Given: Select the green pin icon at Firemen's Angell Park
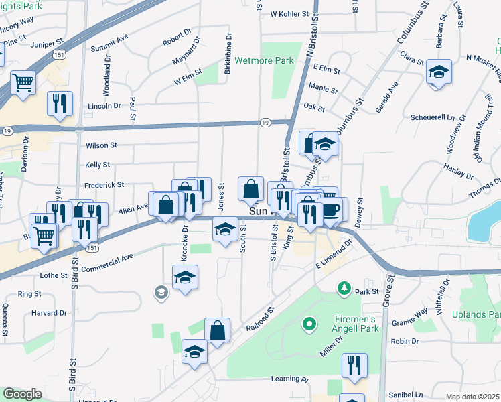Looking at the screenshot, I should [309, 326].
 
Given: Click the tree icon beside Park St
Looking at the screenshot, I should [344, 288].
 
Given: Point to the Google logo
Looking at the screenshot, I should [22, 394].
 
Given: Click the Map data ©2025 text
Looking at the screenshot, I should [473, 397].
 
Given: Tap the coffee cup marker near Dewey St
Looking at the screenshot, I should [332, 209].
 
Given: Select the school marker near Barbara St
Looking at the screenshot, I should [439, 72].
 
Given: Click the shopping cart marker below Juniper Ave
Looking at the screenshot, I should [23, 84].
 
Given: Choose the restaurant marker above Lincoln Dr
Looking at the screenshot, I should [60, 104].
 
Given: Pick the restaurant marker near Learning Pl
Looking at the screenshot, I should [354, 365].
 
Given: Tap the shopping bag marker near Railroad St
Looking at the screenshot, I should [218, 330].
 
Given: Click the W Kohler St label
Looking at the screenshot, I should [289, 13].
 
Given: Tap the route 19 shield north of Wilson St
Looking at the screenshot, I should [265, 122].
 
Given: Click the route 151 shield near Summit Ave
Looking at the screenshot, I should [60, 56].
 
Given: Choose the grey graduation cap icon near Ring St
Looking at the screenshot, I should [161, 291].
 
